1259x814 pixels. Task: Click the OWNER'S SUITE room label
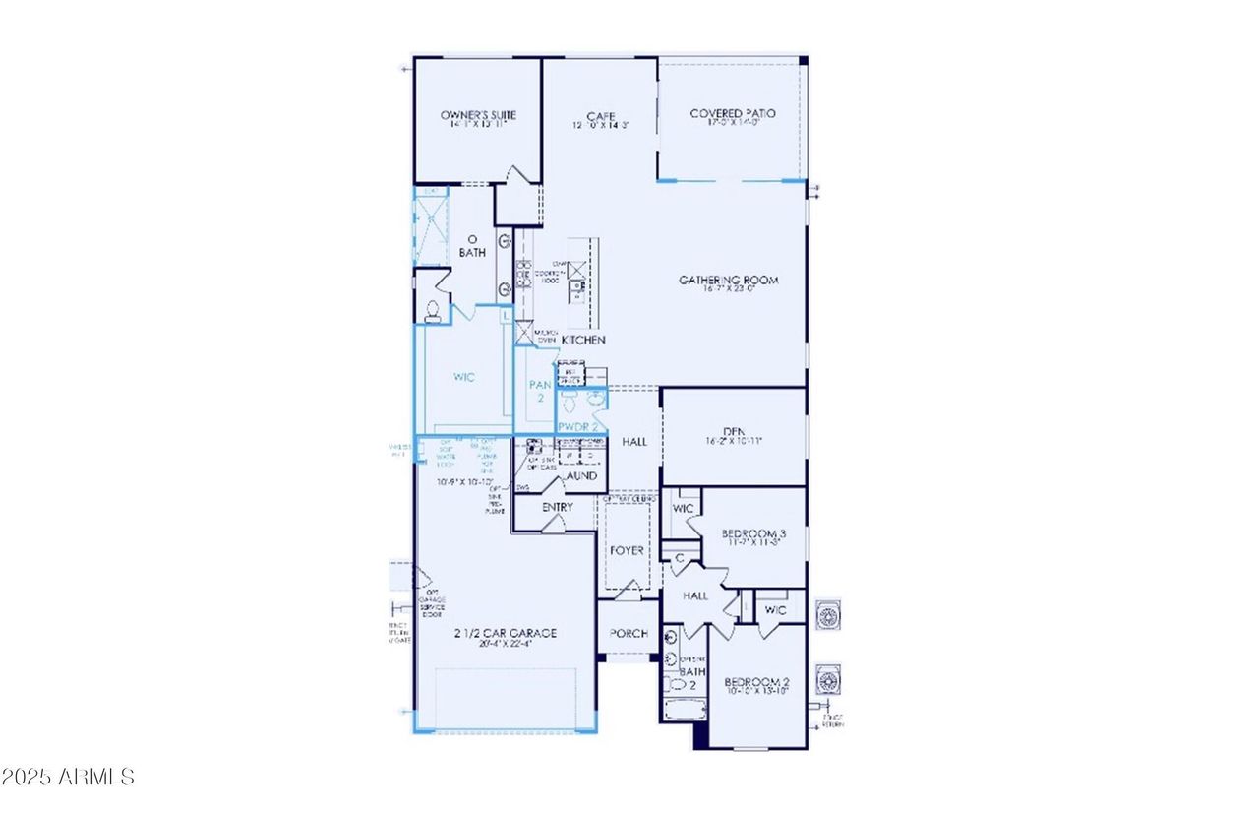478,115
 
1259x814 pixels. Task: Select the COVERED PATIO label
732,114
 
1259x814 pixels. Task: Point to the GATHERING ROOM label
729,281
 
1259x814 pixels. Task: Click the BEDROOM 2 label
757,682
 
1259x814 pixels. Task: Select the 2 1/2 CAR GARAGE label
505,633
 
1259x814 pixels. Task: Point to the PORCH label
629,633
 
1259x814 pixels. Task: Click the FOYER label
627,550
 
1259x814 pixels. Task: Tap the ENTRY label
557,507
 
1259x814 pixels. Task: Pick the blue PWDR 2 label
577,427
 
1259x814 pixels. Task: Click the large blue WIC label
464,377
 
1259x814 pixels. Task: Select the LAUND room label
580,475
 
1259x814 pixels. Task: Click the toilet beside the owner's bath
431,307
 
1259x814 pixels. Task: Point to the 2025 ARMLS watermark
68,777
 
